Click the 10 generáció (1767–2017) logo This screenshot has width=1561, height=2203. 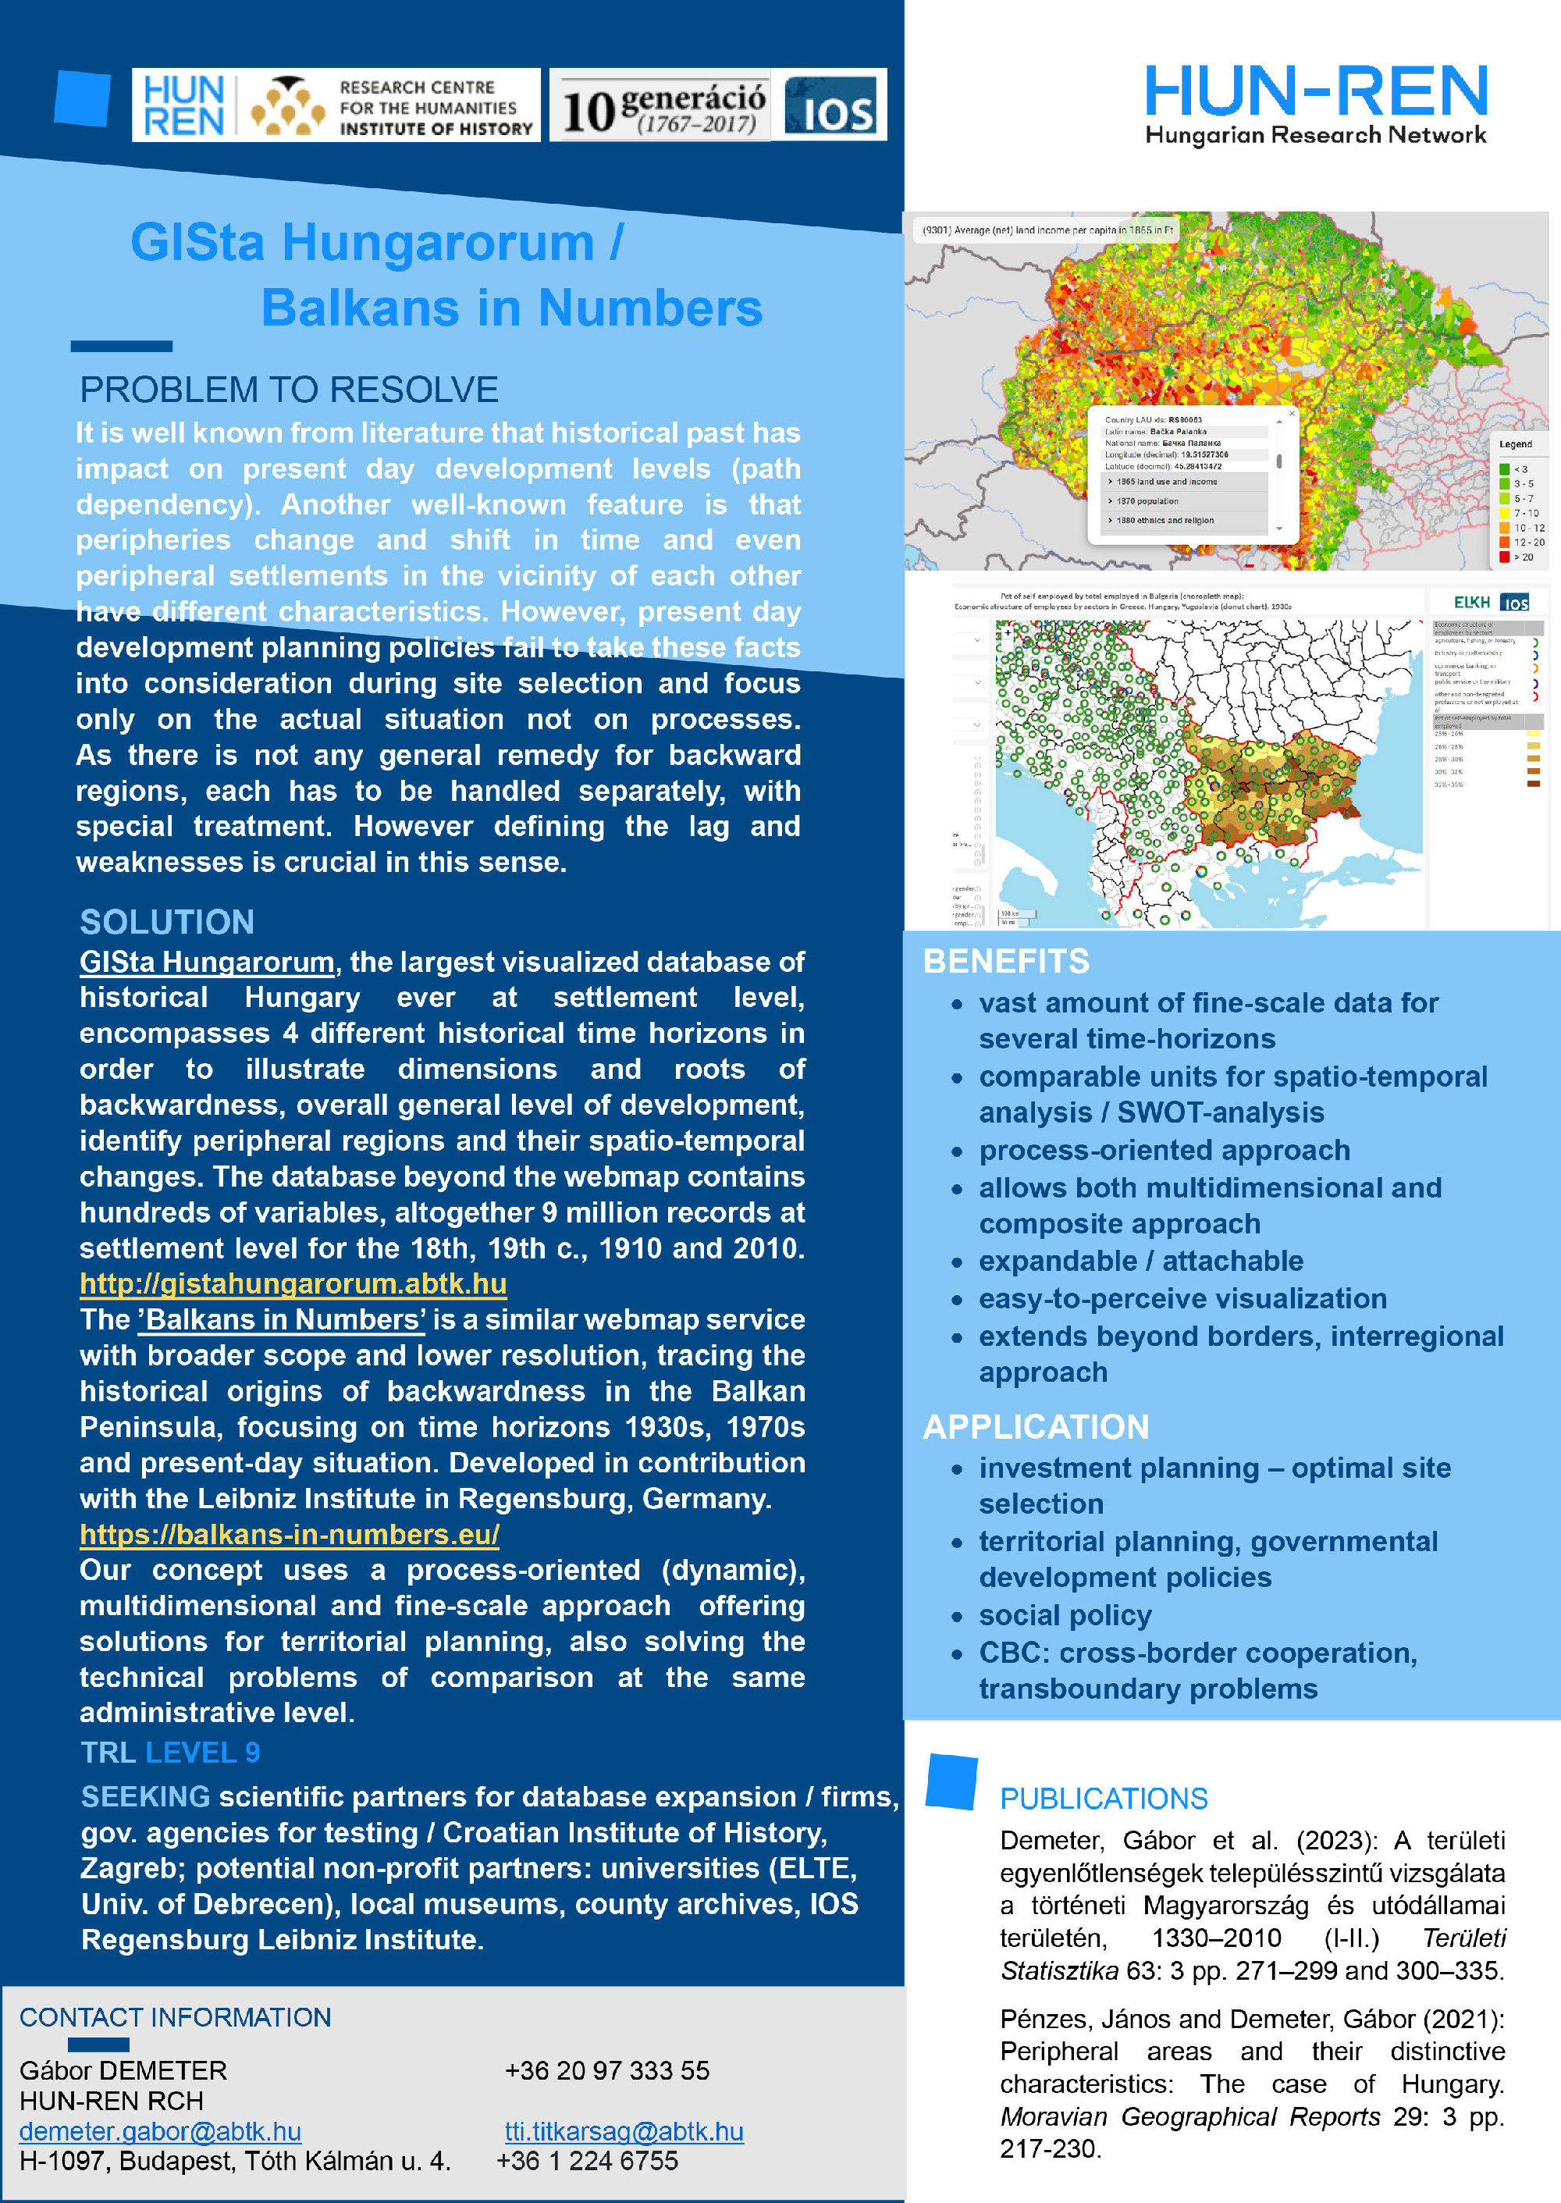(x=663, y=105)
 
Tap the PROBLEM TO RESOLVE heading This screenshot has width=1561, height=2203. (x=288, y=390)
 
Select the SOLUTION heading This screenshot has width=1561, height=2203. (x=167, y=923)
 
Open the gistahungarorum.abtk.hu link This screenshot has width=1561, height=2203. (x=293, y=1284)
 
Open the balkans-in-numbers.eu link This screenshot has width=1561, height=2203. (x=290, y=1534)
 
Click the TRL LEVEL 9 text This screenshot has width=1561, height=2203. (x=170, y=1753)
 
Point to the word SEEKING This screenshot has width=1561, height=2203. (x=145, y=1796)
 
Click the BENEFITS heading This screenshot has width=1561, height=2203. (x=1005, y=961)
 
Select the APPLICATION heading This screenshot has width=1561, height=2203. (x=1035, y=1427)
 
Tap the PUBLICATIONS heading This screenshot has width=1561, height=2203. (x=1104, y=1799)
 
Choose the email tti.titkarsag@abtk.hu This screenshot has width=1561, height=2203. (x=624, y=2132)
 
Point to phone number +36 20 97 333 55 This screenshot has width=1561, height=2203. (x=606, y=2070)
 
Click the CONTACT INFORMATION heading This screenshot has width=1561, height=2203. (x=175, y=2017)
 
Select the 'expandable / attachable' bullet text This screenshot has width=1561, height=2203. (x=1141, y=1261)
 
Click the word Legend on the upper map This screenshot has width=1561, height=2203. (x=1516, y=444)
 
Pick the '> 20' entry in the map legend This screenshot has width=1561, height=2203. (x=1524, y=557)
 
